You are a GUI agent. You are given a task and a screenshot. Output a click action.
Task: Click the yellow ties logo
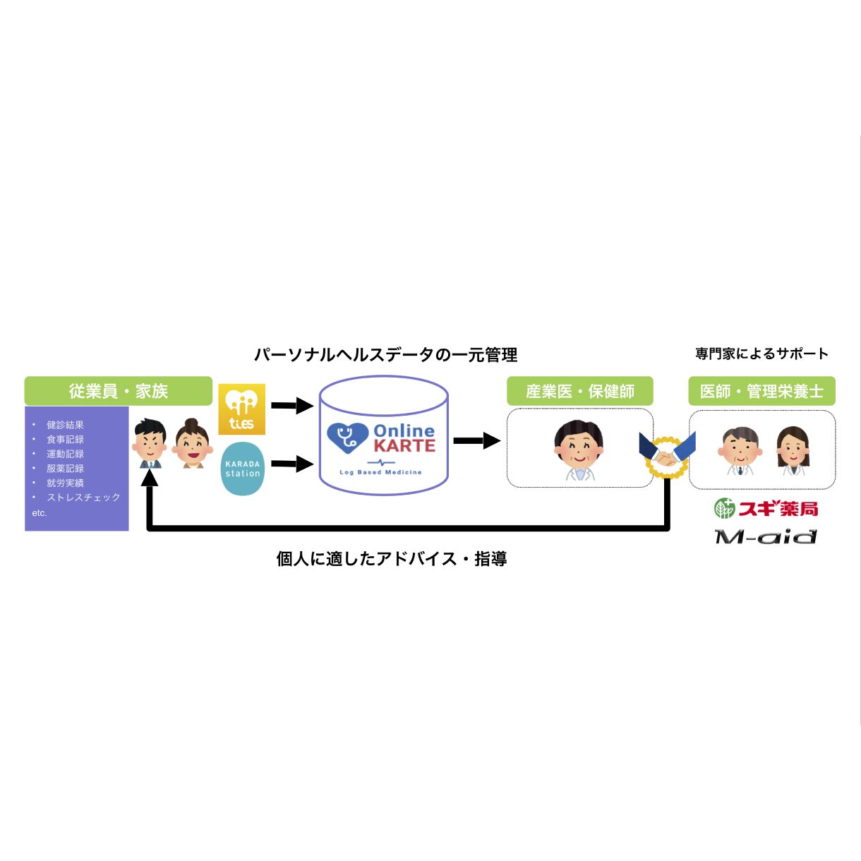coord(242,409)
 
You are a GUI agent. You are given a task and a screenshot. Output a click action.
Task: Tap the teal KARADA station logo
coord(243,469)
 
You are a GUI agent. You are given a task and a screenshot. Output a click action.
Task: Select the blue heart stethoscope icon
coord(348,438)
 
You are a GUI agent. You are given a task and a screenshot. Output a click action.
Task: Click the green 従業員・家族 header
coord(119,391)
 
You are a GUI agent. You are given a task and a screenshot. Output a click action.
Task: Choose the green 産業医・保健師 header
coord(580,391)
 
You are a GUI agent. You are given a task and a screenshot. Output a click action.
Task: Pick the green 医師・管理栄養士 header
coord(761,391)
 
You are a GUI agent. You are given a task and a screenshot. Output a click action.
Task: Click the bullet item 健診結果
coord(65,424)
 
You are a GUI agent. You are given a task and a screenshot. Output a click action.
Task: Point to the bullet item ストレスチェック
coord(83,497)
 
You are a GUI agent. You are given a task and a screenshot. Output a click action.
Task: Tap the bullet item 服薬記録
coord(65,468)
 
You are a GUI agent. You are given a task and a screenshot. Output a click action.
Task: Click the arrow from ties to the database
coord(292,406)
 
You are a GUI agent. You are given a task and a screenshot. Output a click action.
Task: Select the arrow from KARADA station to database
coord(292,464)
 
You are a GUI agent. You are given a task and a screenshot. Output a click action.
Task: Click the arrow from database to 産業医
coord(477,440)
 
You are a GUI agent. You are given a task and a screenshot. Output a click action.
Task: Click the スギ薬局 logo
coord(766,508)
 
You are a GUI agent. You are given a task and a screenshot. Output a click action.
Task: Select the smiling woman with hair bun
coord(192,443)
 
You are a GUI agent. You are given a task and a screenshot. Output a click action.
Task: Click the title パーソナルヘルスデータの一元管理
coord(385,355)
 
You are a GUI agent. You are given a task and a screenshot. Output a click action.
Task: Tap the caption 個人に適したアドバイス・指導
coord(392,559)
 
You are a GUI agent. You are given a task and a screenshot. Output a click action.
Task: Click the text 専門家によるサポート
coord(761,354)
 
